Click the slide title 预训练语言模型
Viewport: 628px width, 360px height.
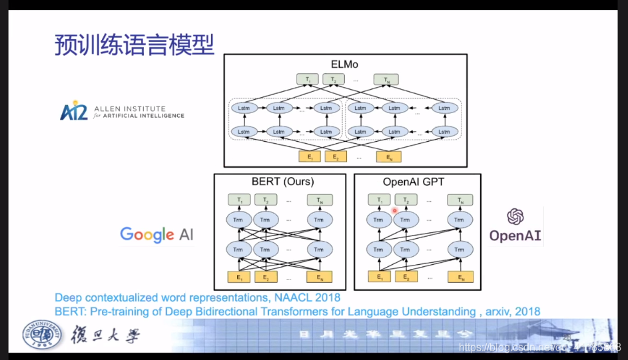(x=134, y=45)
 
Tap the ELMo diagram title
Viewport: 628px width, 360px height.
(x=344, y=64)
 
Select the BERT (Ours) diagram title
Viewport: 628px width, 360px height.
(x=279, y=182)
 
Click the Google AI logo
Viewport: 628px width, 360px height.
(x=157, y=234)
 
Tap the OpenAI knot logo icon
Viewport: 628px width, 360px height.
(x=515, y=216)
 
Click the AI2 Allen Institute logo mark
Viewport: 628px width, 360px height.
(x=73, y=110)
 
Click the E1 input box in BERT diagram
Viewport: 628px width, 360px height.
(x=239, y=277)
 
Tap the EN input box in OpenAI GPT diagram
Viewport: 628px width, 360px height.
(x=460, y=277)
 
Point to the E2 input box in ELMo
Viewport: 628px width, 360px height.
(x=336, y=156)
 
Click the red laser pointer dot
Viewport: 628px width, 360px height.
(x=395, y=210)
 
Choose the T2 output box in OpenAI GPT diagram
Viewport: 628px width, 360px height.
(x=406, y=200)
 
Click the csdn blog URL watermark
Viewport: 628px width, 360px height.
(x=539, y=347)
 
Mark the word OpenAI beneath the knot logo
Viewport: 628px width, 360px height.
(x=515, y=236)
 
